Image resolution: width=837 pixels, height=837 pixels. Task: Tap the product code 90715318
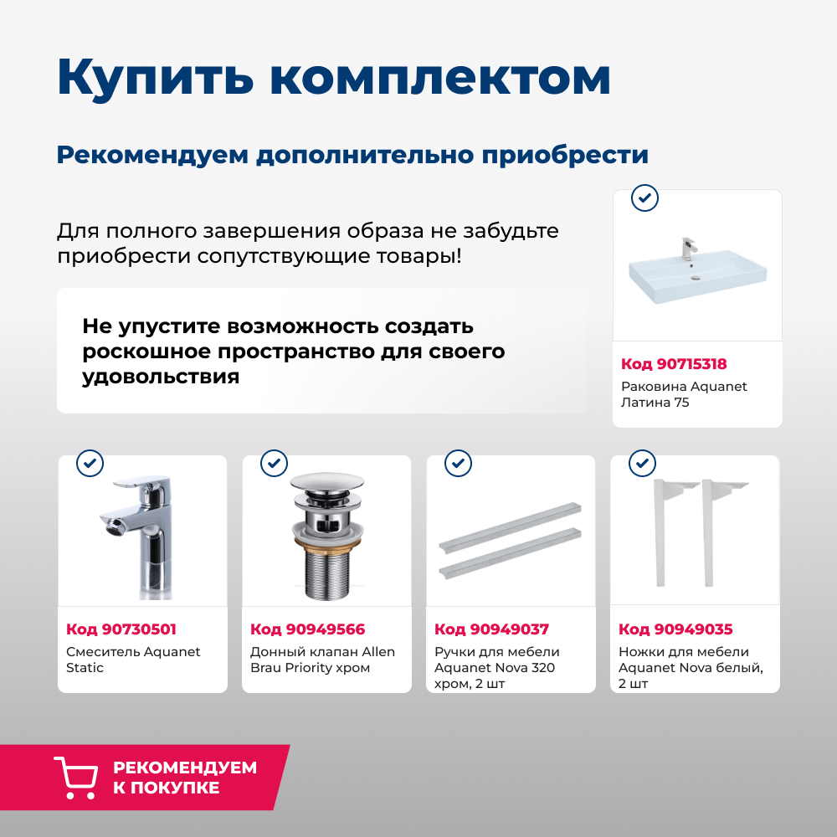(674, 364)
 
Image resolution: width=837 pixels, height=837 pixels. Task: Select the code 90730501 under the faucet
(121, 629)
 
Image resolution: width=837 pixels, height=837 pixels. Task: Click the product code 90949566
(308, 629)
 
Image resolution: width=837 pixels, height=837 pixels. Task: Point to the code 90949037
(491, 629)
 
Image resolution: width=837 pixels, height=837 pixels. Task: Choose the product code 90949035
(675, 629)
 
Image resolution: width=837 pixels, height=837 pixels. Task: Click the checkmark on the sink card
(644, 198)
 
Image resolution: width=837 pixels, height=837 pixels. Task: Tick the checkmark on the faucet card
(90, 463)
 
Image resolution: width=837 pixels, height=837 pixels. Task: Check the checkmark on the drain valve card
(274, 463)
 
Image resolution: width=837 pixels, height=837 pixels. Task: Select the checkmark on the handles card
(458, 463)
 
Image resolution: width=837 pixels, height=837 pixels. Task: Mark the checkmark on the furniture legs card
(642, 463)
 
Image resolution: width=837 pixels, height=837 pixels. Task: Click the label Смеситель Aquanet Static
(133, 660)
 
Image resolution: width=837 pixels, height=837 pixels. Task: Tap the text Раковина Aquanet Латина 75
(684, 394)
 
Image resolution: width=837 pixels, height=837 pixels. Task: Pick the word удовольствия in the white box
(161, 377)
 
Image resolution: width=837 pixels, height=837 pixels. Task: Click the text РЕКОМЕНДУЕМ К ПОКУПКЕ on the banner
(185, 778)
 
